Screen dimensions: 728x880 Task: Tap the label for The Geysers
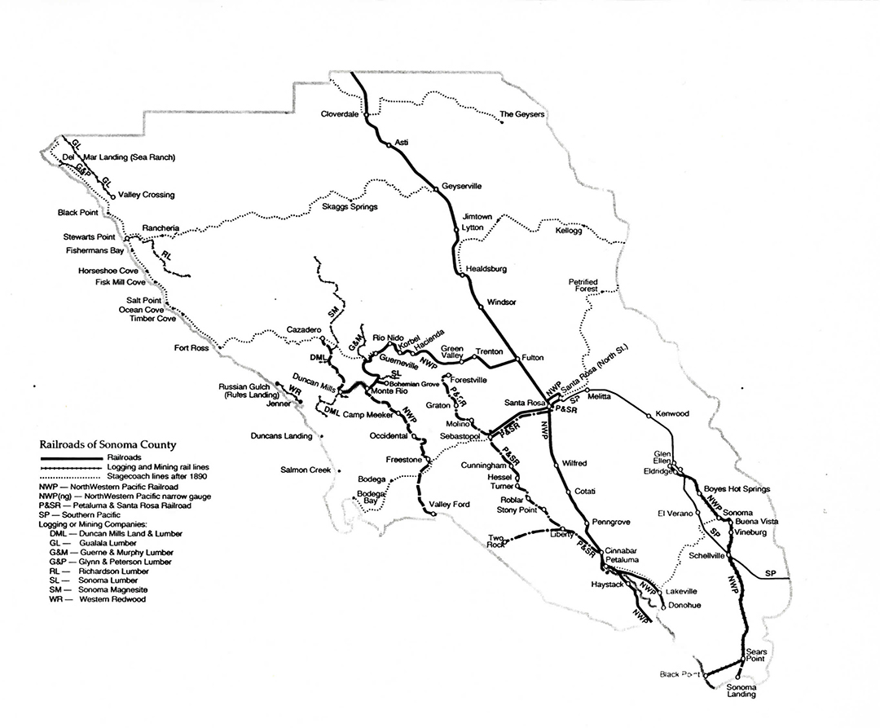(521, 114)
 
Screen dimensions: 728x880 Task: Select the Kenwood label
(672, 414)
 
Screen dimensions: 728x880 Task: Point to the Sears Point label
(757, 657)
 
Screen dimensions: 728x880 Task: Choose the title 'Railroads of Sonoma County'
(108, 445)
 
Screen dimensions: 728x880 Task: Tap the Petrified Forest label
(584, 285)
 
